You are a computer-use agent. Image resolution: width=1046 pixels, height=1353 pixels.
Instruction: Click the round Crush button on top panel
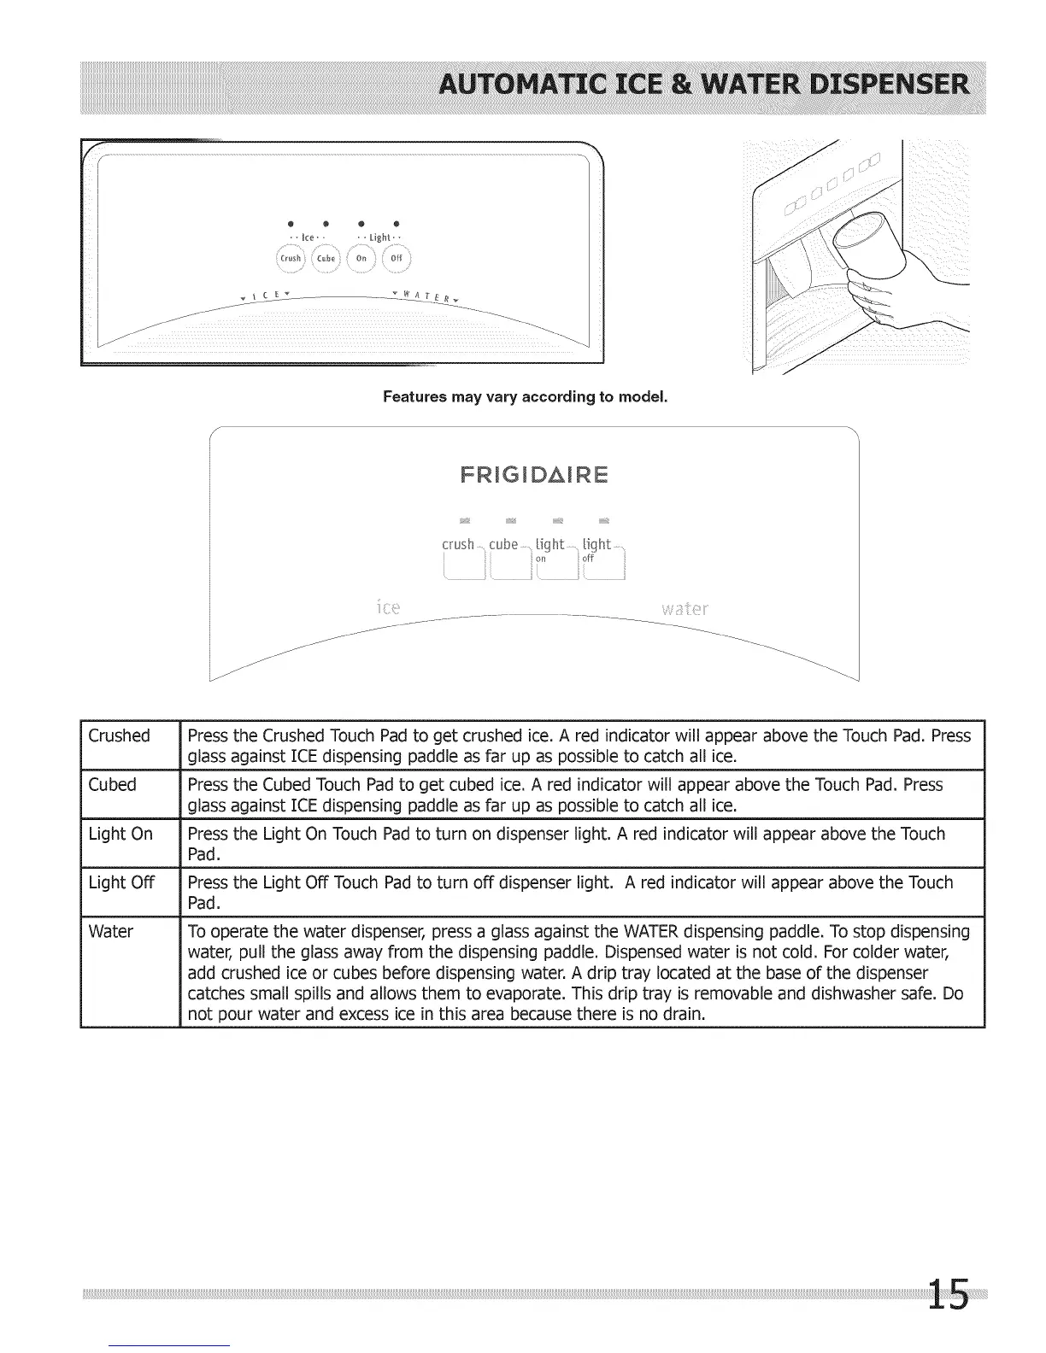click(x=291, y=258)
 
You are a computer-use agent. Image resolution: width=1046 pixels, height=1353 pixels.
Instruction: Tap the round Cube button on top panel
click(x=326, y=258)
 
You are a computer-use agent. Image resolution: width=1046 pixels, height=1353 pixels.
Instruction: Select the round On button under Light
click(x=361, y=258)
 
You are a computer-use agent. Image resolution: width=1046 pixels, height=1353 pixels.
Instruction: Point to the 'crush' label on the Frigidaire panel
click(x=458, y=545)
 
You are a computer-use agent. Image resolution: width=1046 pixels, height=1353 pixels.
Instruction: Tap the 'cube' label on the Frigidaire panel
click(x=503, y=545)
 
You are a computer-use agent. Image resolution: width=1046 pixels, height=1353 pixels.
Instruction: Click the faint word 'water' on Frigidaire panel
click(x=685, y=609)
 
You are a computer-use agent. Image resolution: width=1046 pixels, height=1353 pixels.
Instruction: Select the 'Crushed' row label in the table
click(x=119, y=735)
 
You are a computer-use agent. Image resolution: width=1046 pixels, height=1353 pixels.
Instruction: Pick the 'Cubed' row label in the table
click(x=112, y=784)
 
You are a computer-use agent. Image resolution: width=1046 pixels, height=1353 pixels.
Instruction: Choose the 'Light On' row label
click(x=120, y=834)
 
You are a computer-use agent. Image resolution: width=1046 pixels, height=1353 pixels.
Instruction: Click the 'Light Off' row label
click(x=121, y=882)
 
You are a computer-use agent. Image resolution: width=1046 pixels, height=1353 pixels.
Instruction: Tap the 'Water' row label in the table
click(x=110, y=931)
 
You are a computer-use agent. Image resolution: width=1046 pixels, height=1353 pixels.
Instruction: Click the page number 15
click(x=949, y=1293)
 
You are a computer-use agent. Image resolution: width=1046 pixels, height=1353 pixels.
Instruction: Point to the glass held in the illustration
click(x=872, y=239)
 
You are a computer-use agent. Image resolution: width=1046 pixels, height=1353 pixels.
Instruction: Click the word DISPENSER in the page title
click(x=888, y=86)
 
